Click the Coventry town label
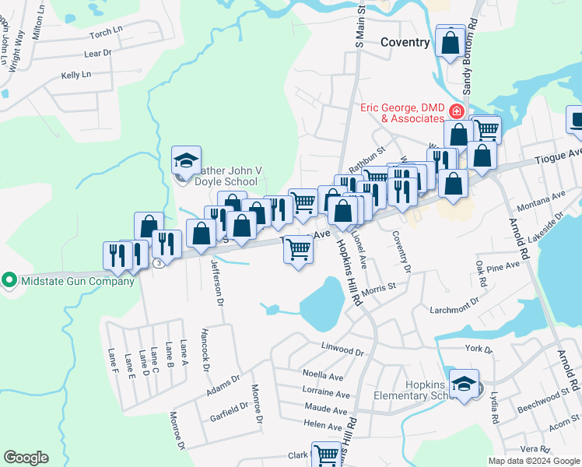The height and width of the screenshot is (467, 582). tap(404, 42)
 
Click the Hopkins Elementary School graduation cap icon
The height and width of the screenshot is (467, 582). tap(465, 383)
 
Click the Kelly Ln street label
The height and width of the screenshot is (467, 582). tap(76, 75)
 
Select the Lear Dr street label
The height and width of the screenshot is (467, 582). tap(97, 54)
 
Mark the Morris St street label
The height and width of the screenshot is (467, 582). tap(381, 288)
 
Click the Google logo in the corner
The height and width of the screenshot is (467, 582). tap(26, 458)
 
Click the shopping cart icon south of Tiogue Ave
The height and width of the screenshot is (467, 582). tap(299, 249)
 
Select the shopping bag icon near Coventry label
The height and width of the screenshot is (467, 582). tap(451, 42)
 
